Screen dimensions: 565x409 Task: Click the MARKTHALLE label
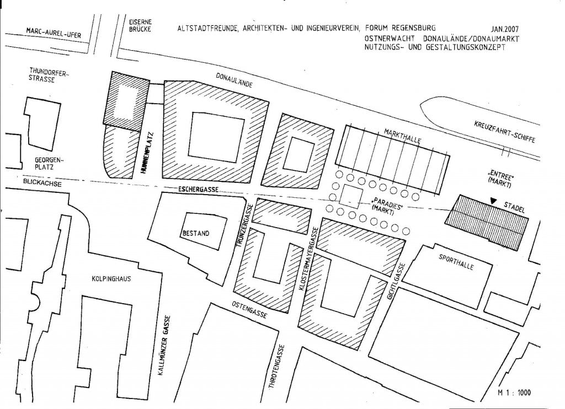click(402, 136)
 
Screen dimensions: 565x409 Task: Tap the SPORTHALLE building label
click(456, 262)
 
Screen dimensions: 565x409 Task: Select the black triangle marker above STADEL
click(493, 201)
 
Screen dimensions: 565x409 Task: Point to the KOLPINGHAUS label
click(111, 279)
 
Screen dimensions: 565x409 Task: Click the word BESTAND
click(196, 233)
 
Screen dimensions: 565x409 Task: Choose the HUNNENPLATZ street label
click(146, 154)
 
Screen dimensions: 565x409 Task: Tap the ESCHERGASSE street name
click(199, 189)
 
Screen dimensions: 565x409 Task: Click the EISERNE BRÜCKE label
click(140, 25)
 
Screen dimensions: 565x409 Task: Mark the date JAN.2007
click(504, 29)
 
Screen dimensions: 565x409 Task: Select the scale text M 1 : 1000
click(514, 393)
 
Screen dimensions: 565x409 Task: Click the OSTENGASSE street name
click(249, 310)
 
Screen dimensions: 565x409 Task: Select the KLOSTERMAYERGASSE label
click(308, 259)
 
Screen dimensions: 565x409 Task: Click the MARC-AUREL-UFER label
click(54, 33)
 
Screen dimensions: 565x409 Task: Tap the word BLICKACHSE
click(42, 182)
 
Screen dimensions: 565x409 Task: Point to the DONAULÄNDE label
click(234, 80)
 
